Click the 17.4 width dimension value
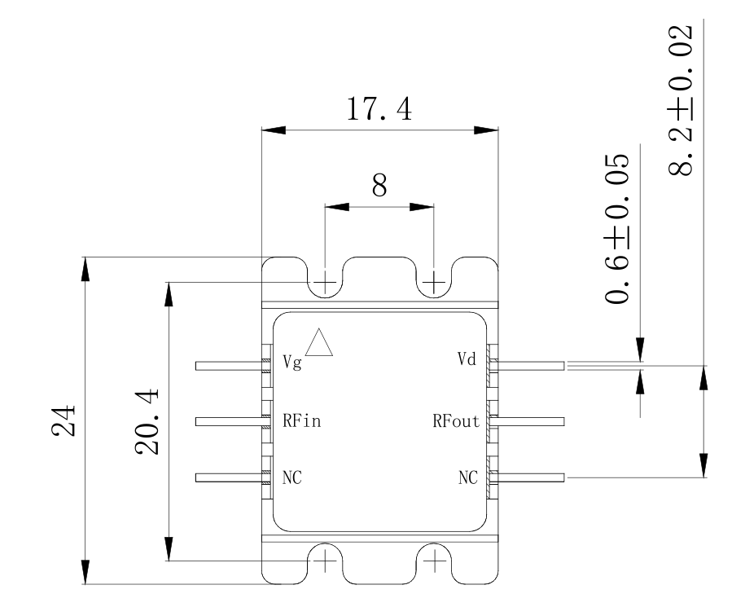379,109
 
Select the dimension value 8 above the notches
379,186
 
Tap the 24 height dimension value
64,420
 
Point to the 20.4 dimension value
147,421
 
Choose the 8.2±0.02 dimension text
681,100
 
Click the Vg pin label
292,363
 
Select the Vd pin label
467,358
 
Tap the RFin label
302,420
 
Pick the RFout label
456,420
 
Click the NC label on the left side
291,477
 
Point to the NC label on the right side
468,477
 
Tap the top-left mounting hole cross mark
325,283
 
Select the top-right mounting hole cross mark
434,283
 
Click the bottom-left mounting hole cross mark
325,561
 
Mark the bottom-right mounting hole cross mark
434,561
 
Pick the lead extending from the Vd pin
528,366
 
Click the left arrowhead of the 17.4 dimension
274,130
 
